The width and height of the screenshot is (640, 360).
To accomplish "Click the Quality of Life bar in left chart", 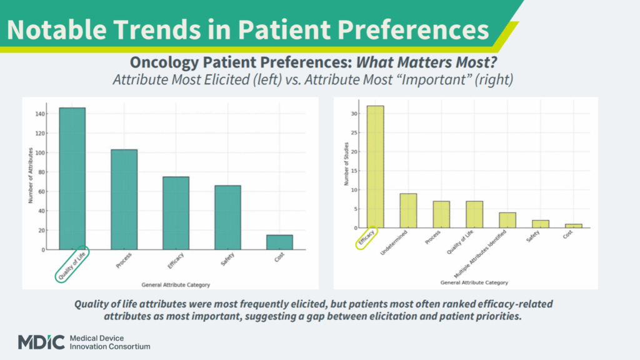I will pos(72,179).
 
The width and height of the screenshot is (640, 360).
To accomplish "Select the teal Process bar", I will pos(124,199).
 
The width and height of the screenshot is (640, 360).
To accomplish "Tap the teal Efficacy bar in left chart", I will pos(176,213).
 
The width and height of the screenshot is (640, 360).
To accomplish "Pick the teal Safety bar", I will pos(227,217).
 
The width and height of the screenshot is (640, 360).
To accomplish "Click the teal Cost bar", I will pos(279,242).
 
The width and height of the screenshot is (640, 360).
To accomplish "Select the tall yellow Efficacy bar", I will pos(375,166).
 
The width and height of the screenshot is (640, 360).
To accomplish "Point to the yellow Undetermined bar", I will pos(408,211).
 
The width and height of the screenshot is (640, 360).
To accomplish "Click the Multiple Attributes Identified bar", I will pos(507,220).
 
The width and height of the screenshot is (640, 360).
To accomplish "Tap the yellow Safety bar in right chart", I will pos(541,224).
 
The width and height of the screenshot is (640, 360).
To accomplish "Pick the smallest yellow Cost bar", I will pos(573,226).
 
